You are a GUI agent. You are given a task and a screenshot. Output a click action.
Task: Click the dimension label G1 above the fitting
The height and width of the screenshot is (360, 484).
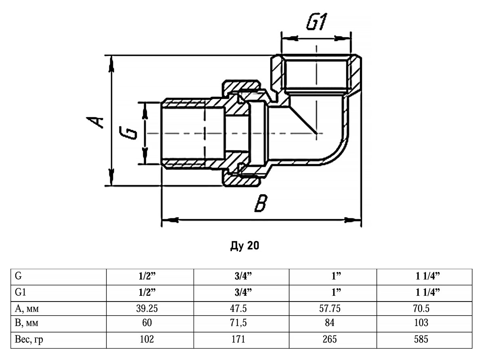pyautogui.click(x=317, y=23)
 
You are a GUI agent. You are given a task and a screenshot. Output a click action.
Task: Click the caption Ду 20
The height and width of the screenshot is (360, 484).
pyautogui.click(x=244, y=246)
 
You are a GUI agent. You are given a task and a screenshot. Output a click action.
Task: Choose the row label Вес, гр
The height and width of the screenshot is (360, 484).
pyautogui.click(x=29, y=339)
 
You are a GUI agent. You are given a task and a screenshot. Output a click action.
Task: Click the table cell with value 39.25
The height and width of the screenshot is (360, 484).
pyautogui.click(x=146, y=309)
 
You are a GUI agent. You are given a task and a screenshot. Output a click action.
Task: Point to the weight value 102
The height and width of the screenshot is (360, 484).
pyautogui.click(x=146, y=339)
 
